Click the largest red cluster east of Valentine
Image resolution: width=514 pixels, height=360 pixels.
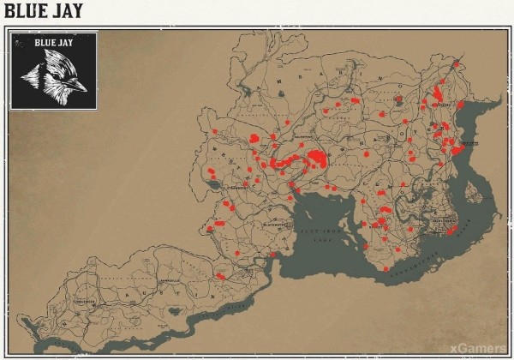[x=318, y=158]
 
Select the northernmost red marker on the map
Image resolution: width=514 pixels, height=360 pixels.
[x=456, y=63]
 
